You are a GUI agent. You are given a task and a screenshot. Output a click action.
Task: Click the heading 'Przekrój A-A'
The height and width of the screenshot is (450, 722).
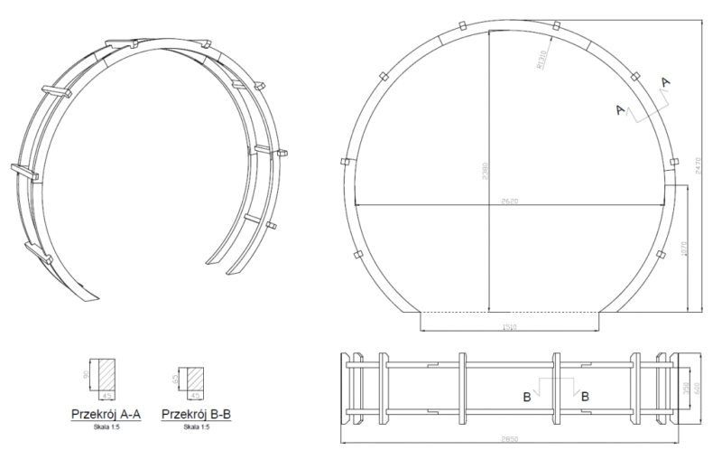pos(106,414)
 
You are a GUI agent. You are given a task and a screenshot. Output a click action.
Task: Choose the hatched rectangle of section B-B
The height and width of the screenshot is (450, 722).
pos(192,380)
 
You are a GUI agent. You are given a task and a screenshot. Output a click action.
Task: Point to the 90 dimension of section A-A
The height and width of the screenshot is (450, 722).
pos(86,377)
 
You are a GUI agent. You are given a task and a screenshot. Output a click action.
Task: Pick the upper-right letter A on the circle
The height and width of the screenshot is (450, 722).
pos(666,82)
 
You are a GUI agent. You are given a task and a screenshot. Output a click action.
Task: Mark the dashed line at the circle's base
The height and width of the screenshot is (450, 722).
pos(511,311)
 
